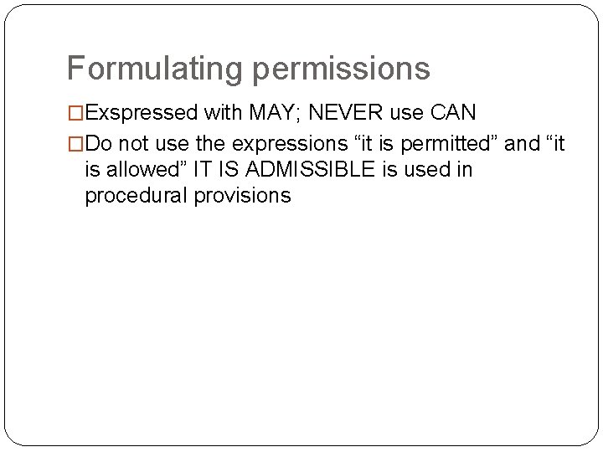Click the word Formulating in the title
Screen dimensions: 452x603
[154, 69]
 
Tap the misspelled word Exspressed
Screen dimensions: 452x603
[142, 113]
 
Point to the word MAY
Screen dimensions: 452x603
[261, 113]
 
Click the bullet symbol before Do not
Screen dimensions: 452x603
[75, 144]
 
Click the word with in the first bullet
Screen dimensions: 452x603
[219, 113]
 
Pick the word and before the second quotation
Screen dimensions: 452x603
[523, 144]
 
